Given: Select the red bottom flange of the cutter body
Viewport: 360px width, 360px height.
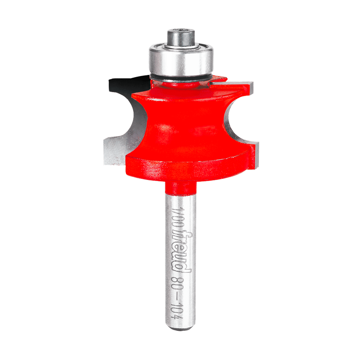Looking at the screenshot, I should [187, 166].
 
